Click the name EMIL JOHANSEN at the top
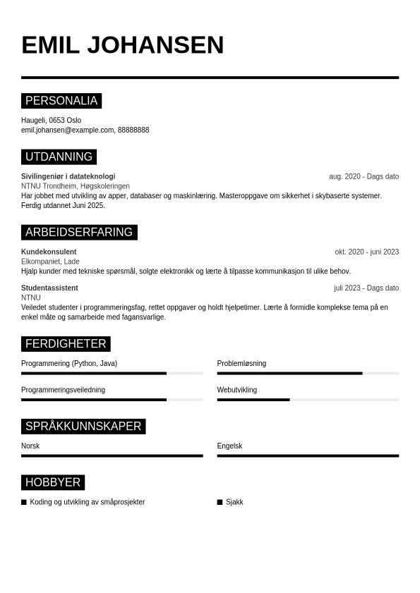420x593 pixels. [x=122, y=45]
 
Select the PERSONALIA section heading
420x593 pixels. [x=61, y=101]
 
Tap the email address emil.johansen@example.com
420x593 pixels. [x=68, y=130]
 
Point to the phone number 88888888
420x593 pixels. [x=133, y=130]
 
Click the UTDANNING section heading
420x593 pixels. [x=59, y=157]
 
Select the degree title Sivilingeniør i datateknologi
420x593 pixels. [x=68, y=176]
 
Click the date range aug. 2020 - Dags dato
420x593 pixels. [x=364, y=176]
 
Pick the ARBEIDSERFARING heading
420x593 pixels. [x=79, y=232]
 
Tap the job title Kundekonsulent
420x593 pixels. [x=49, y=252]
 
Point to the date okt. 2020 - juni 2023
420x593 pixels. [x=366, y=252]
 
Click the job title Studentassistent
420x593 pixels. [x=49, y=288]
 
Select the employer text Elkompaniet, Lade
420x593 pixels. [x=50, y=262]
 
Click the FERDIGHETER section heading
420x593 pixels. [x=66, y=344]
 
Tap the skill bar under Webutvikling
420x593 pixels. [x=308, y=400]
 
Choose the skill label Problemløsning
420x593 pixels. [x=241, y=364]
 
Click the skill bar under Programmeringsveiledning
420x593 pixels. [x=112, y=400]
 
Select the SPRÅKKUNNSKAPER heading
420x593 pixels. [x=83, y=426]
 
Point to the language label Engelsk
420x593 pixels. [x=229, y=446]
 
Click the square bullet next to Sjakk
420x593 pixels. [x=220, y=502]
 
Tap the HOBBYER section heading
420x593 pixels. [x=53, y=482]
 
